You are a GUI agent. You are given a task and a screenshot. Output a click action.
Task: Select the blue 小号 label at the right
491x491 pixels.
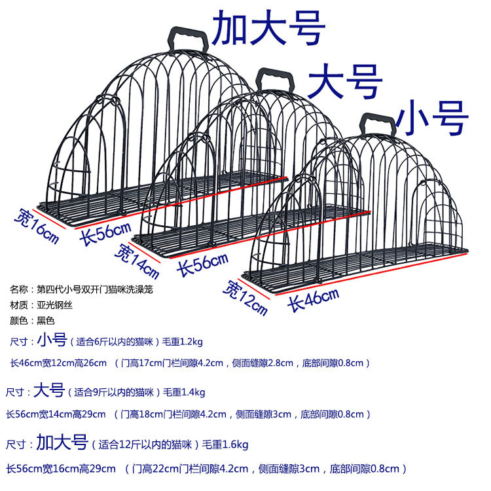435,118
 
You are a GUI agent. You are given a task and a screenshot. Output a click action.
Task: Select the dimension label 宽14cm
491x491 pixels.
137,259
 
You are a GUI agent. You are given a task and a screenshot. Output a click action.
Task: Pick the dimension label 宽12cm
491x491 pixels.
245,295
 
